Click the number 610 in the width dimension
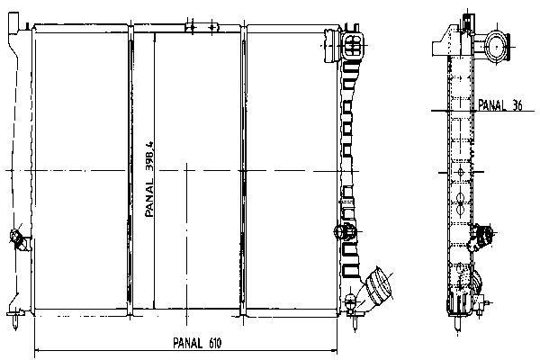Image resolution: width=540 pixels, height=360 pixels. [x=215, y=343]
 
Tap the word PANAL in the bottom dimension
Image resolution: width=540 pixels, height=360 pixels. [x=188, y=343]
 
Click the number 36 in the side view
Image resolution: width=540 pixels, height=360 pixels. [x=517, y=105]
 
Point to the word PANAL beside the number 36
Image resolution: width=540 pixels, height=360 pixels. [x=491, y=105]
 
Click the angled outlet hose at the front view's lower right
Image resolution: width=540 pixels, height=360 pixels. [x=376, y=289]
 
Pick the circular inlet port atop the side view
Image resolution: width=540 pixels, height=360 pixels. [x=497, y=47]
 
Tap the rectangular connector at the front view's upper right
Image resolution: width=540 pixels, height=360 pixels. [x=352, y=46]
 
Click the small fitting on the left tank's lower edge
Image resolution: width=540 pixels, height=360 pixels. [x=18, y=239]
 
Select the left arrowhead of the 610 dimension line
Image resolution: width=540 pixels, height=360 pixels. [x=37, y=351]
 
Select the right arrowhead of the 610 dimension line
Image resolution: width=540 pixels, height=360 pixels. [x=334, y=351]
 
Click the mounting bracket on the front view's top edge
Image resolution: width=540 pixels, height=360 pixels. [x=202, y=28]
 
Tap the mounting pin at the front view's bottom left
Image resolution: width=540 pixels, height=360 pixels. [x=14, y=320]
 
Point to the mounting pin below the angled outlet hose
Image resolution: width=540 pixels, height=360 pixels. [x=355, y=321]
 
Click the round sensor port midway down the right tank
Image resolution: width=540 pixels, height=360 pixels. [x=345, y=231]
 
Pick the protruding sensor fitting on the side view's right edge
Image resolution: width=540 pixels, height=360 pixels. [x=481, y=237]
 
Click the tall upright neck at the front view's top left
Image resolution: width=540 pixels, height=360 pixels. [x=13, y=23]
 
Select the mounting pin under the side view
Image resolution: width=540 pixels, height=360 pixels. [x=457, y=324]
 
